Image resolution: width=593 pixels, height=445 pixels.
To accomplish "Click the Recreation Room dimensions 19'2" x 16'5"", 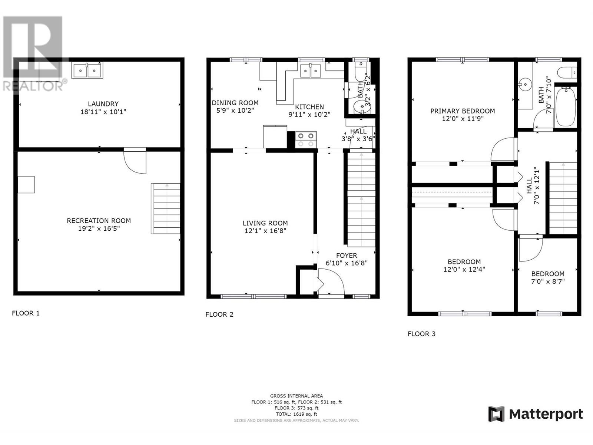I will point(99,228).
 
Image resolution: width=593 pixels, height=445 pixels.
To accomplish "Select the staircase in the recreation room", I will point(165,208).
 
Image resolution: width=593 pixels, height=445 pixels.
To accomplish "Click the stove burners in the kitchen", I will point(306,140).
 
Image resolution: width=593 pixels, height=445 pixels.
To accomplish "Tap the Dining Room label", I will point(235,103).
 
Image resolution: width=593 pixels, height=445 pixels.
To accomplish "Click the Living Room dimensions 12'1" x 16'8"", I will point(265,231).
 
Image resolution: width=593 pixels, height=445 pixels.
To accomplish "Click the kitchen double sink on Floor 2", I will point(311,70).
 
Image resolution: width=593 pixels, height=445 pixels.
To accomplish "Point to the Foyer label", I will point(347,256).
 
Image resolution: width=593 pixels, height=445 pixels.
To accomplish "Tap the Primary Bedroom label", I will point(463,111).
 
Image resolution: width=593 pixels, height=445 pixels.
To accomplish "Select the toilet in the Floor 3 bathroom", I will point(567,72).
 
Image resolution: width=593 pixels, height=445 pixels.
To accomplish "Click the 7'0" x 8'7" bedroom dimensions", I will point(548,281).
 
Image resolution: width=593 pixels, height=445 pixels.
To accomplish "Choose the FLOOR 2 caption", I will point(219,314).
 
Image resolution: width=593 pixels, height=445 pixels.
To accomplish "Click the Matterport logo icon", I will point(496,414).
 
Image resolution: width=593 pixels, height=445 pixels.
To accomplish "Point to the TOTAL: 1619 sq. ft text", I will point(296,414).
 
